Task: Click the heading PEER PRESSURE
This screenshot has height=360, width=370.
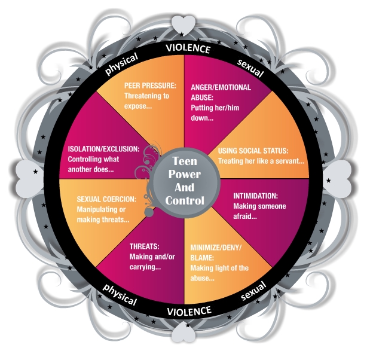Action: tap(149, 85)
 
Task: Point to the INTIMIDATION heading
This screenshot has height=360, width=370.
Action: tap(255, 196)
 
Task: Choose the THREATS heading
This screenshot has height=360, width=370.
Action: tap(145, 246)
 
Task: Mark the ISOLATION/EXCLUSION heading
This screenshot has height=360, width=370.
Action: tap(103, 149)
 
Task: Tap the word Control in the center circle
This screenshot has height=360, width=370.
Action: tap(184, 200)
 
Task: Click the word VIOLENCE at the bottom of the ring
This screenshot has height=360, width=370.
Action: tap(189, 310)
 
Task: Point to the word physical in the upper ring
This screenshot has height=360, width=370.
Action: tap(121, 63)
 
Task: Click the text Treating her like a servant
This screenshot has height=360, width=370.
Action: tap(261, 161)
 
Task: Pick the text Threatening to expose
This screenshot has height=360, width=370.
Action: tap(146, 101)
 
